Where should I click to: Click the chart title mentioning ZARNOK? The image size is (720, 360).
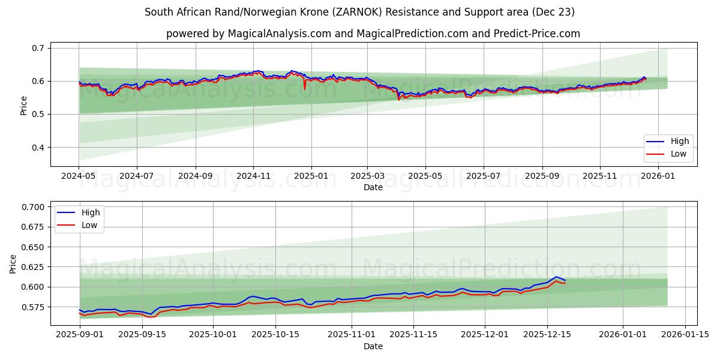[359, 12]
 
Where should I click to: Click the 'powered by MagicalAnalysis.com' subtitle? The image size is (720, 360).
[373, 34]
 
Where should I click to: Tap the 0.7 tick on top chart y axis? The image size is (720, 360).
[38, 48]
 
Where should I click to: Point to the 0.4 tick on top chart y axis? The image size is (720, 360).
[38, 148]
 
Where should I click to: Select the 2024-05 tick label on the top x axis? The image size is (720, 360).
[79, 176]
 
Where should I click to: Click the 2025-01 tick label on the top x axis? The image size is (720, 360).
[310, 176]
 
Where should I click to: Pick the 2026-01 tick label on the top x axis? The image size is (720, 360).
[658, 176]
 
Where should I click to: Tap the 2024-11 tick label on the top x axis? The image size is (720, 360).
[253, 176]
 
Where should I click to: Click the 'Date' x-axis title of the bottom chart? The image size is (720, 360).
[373, 346]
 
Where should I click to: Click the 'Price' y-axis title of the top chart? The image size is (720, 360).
[24, 105]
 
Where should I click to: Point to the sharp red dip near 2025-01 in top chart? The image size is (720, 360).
[305, 89]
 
